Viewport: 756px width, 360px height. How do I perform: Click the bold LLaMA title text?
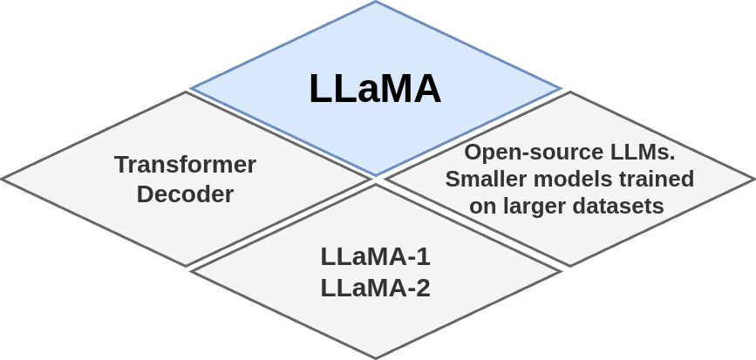(x=375, y=89)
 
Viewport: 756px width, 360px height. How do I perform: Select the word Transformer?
(x=185, y=164)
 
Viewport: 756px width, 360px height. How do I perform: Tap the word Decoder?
(x=185, y=194)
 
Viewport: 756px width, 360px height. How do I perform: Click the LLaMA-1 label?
(x=375, y=256)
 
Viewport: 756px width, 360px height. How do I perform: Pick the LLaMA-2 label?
(x=375, y=287)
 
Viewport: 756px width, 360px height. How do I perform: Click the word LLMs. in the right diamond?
(x=642, y=152)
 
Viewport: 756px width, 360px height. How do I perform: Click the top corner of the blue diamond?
(x=375, y=2)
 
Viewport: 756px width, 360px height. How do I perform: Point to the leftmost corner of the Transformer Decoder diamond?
(x=2, y=179)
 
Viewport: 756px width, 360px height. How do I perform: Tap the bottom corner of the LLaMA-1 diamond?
(x=375, y=358)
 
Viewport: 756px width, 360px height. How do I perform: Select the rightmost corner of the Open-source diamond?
(x=754, y=180)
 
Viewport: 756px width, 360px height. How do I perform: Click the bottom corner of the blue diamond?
(x=375, y=176)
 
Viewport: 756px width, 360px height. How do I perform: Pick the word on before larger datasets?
(x=482, y=207)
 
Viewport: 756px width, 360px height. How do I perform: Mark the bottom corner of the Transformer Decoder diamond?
(x=186, y=267)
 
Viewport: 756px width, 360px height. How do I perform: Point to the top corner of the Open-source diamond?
(x=570, y=92)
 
